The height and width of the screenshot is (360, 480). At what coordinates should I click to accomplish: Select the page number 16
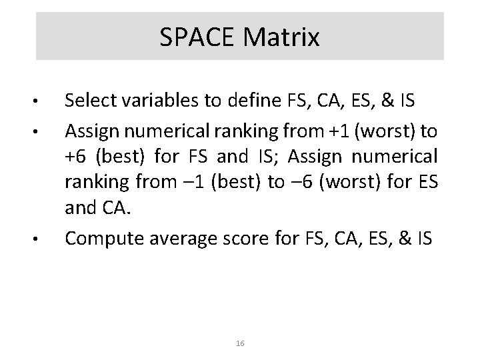(x=241, y=343)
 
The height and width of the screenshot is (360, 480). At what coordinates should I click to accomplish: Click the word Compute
(x=101, y=236)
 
